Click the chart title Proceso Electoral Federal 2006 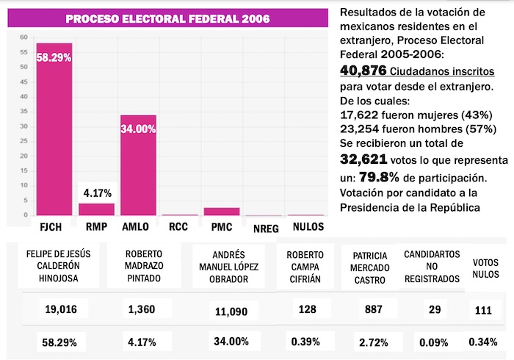(x=167, y=18)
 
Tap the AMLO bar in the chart (x=138, y=165)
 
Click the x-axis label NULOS (x=308, y=227)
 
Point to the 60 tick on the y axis (x=24, y=37)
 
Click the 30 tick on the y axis (x=24, y=126)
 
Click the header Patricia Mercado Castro (x=372, y=266)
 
